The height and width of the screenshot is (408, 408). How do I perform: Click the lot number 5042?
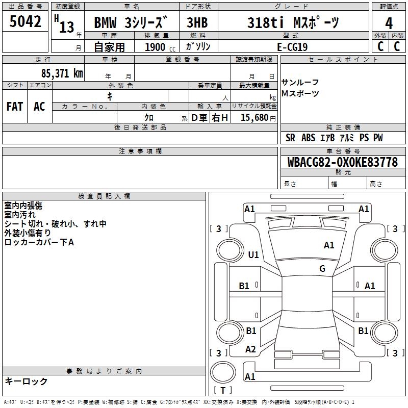[x=25, y=21]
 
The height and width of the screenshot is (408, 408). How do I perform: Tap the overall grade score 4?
[x=389, y=23]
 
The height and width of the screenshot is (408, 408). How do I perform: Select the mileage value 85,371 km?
[x=62, y=73]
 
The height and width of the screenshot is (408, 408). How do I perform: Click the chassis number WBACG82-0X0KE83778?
[x=343, y=162]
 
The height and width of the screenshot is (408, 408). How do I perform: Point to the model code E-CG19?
[x=292, y=47]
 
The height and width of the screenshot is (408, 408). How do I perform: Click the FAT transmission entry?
[x=15, y=107]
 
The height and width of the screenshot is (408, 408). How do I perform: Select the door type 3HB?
[x=197, y=22]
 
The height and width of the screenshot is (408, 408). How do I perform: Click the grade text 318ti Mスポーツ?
[x=293, y=22]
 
